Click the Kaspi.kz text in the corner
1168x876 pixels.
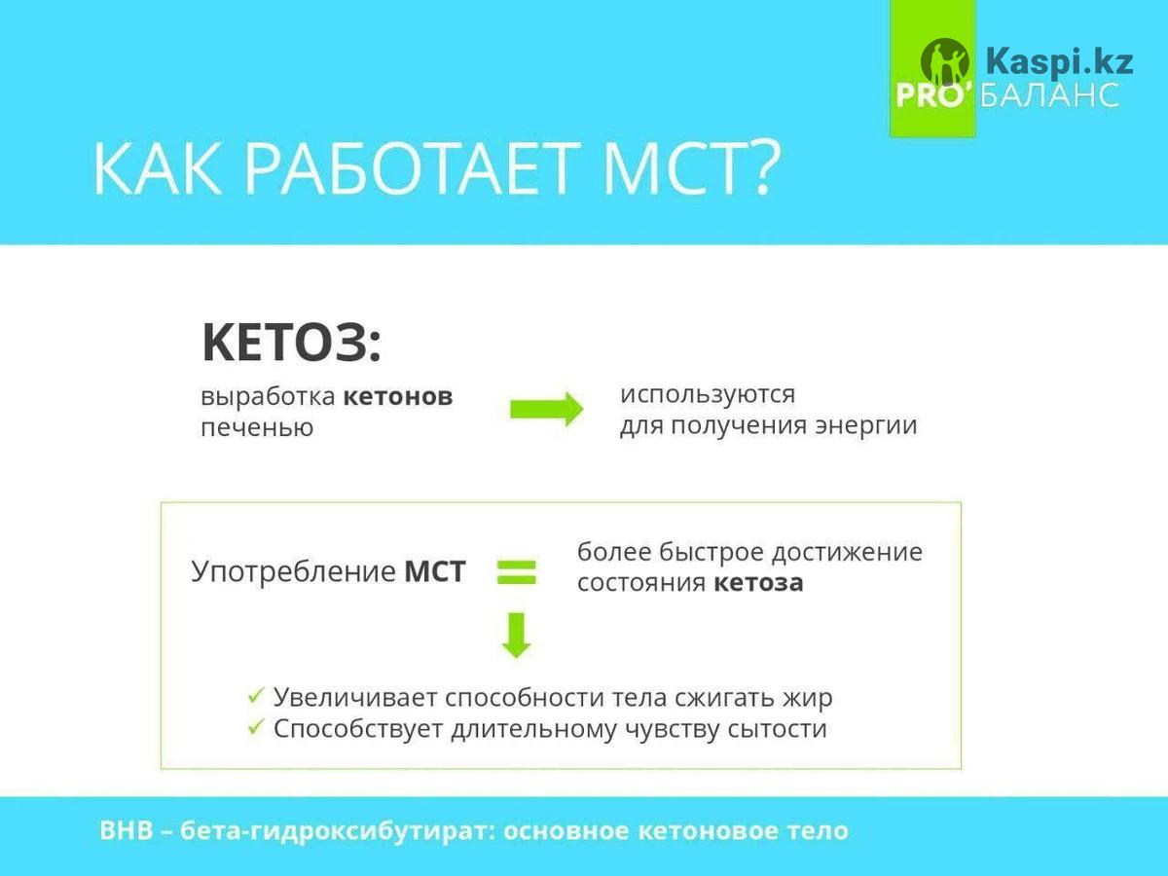(x=1059, y=61)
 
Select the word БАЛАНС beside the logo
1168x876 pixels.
(x=1049, y=95)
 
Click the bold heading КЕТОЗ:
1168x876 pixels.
(x=292, y=342)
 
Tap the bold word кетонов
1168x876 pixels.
(x=398, y=397)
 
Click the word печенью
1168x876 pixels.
(x=257, y=427)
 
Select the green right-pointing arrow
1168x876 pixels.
(x=547, y=409)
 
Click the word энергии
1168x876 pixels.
(x=866, y=426)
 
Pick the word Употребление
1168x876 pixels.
(x=293, y=572)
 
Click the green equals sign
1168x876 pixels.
(x=517, y=572)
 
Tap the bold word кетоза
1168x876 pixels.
(x=758, y=583)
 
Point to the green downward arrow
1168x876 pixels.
(x=517, y=637)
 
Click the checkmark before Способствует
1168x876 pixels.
(x=256, y=726)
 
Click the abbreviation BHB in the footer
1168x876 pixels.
(x=127, y=831)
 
